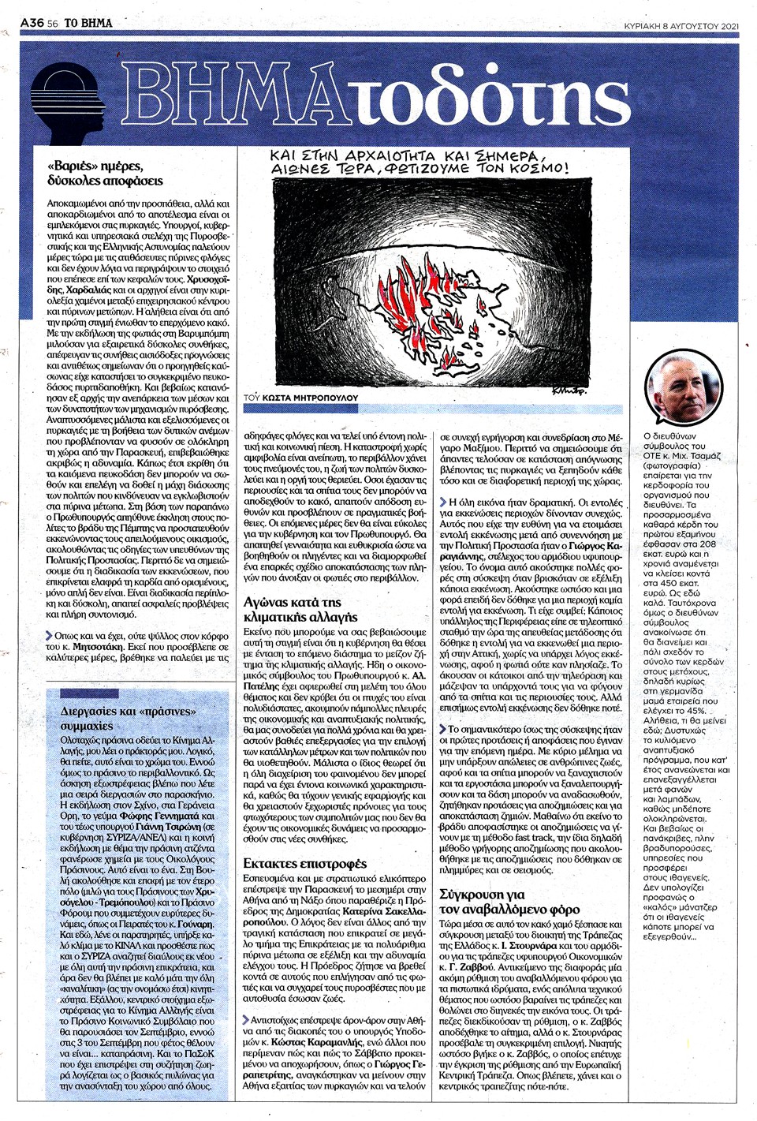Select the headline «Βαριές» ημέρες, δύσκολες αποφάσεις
coord(106,174)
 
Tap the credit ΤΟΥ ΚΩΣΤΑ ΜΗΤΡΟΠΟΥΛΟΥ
coord(301,398)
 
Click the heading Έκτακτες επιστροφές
coord(293,863)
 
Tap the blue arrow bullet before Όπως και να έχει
coord(50,635)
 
